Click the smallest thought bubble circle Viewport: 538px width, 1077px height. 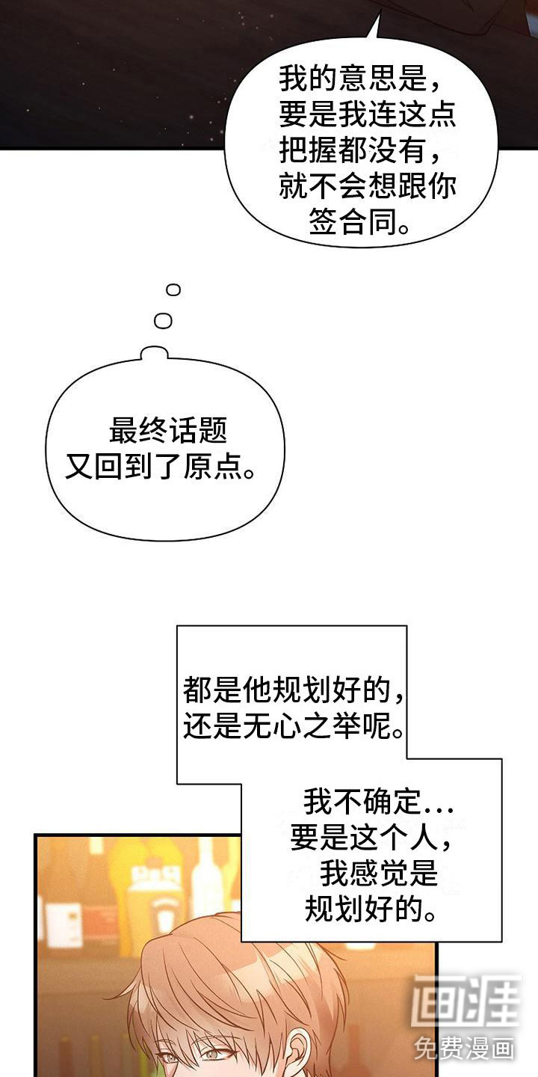173,289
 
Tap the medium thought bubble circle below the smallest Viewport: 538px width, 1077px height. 164,321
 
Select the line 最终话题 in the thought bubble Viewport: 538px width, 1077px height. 168,430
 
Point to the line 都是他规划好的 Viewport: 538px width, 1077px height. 293,690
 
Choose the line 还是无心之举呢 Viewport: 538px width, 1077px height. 293,725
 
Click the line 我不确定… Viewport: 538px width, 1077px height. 378,802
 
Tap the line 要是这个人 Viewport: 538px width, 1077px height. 371,837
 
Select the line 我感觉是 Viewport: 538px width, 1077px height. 379,873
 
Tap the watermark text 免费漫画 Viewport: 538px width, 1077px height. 464,1048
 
